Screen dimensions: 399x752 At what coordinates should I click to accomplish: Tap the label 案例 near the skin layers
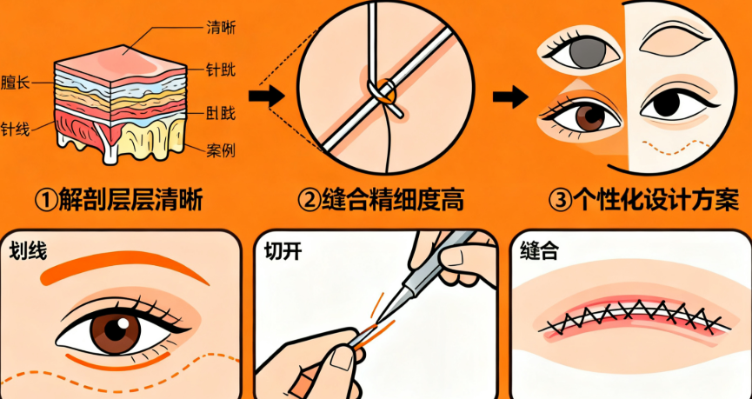[222, 150]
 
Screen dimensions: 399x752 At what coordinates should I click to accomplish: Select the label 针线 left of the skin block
[15, 129]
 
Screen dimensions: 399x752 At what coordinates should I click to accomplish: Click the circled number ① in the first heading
[46, 201]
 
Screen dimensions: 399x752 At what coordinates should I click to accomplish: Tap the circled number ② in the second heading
[309, 201]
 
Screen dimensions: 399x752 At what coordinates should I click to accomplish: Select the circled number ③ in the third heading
[561, 201]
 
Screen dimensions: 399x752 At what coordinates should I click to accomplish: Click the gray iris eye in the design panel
[582, 52]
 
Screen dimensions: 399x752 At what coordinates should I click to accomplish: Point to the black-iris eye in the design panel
[671, 103]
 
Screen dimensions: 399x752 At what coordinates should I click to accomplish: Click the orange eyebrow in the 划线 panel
[122, 269]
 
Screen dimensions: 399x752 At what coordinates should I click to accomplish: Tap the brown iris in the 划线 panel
[112, 330]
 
